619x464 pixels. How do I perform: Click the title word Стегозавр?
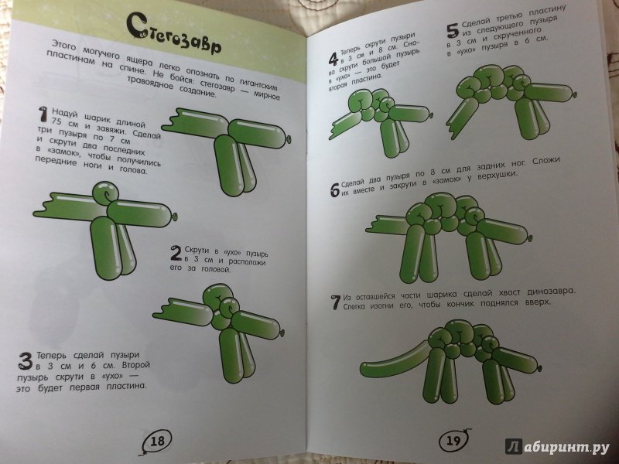[174, 34]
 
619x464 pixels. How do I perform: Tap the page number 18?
[157, 440]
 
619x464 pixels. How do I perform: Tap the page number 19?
[453, 439]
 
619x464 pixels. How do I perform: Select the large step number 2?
[176, 253]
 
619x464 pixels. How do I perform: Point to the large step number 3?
[26, 361]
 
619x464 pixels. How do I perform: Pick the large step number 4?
[333, 60]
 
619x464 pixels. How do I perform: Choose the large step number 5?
[452, 30]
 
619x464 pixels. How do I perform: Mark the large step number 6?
[335, 190]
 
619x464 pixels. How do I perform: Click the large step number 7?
[336, 302]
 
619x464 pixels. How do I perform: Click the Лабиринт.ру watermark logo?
[557, 446]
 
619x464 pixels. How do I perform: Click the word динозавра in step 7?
[551, 292]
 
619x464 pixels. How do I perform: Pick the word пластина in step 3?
[126, 386]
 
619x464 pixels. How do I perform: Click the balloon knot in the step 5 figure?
[574, 94]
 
